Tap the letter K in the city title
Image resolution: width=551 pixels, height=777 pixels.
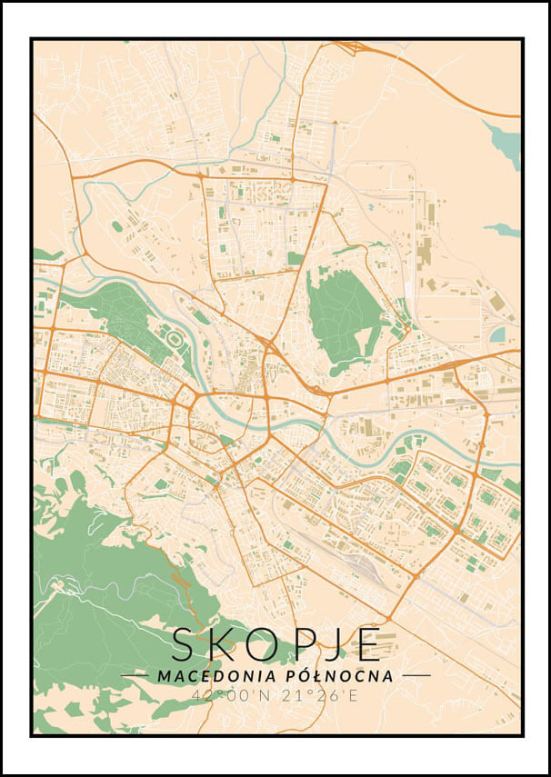pos(222,644)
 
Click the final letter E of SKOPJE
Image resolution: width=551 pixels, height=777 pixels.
pos(367,644)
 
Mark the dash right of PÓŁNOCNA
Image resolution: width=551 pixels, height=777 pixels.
pos(416,676)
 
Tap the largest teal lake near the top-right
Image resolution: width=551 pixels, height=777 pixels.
pos(503,141)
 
